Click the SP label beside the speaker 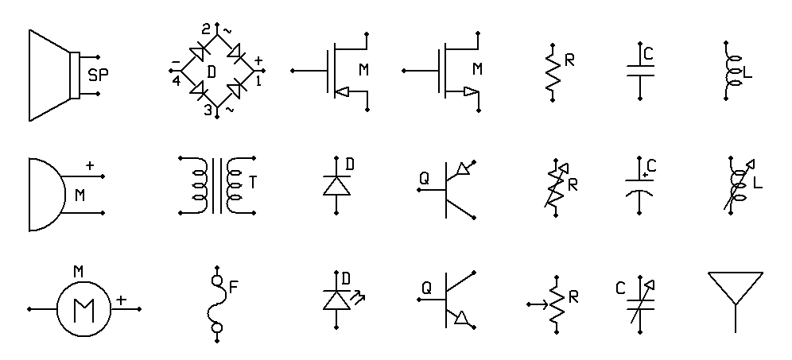pyautogui.click(x=98, y=75)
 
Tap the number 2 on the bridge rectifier pyautogui.click(x=206, y=29)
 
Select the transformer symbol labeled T pyautogui.click(x=218, y=185)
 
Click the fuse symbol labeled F pyautogui.click(x=217, y=304)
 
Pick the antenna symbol pyautogui.click(x=736, y=302)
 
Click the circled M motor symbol pyautogui.click(x=83, y=309)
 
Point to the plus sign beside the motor pyautogui.click(x=121, y=300)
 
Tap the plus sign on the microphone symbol pyautogui.click(x=90, y=165)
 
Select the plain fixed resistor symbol pyautogui.click(x=553, y=72)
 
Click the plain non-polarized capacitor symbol pyautogui.click(x=640, y=71)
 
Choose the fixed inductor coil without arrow pyautogui.click(x=730, y=71)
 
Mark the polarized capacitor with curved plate pyautogui.click(x=639, y=185)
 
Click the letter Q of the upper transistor pyautogui.click(x=425, y=178)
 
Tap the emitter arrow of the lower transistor pyautogui.click(x=462, y=318)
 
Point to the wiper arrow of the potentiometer pyautogui.click(x=538, y=304)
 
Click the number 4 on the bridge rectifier pyautogui.click(x=177, y=81)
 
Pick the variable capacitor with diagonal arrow pyautogui.click(x=640, y=303)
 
